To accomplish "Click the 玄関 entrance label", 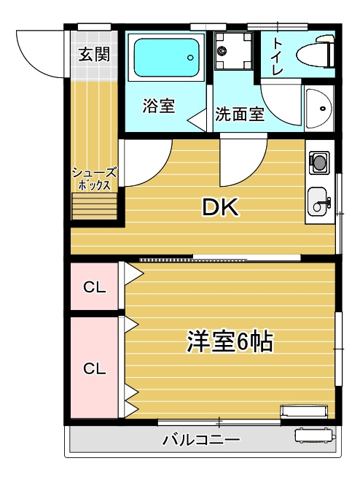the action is click(94, 55).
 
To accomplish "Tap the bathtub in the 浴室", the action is click(166, 58).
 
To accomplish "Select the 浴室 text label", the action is click(159, 106).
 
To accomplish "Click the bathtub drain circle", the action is click(191, 57).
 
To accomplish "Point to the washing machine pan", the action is click(233, 50).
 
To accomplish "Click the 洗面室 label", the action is click(240, 114).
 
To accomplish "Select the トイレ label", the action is click(278, 56).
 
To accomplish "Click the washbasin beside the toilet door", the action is click(318, 108).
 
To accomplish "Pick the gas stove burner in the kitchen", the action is click(318, 163).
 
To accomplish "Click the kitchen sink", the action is click(318, 201).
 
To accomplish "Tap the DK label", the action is click(221, 207).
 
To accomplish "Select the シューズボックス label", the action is click(94, 179).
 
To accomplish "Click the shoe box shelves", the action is click(94, 206).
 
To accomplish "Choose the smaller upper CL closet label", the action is click(95, 287).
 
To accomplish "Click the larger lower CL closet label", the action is click(95, 369).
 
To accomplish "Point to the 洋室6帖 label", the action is click(230, 341).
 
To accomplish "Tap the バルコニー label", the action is click(201, 441).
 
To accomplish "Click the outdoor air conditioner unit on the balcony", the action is click(315, 435).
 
